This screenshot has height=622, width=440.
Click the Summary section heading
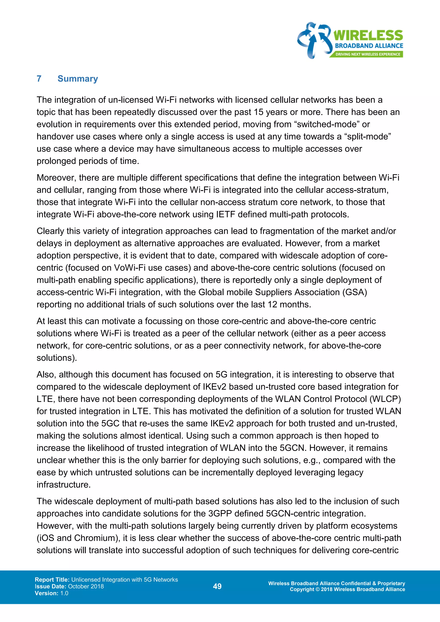(78, 79)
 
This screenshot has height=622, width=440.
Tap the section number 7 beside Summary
(39, 79)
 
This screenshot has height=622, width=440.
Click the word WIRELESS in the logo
(368, 35)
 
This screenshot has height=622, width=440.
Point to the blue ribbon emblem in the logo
(314, 40)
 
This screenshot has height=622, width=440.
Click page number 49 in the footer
(217, 586)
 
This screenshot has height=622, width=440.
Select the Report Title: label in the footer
(52, 579)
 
